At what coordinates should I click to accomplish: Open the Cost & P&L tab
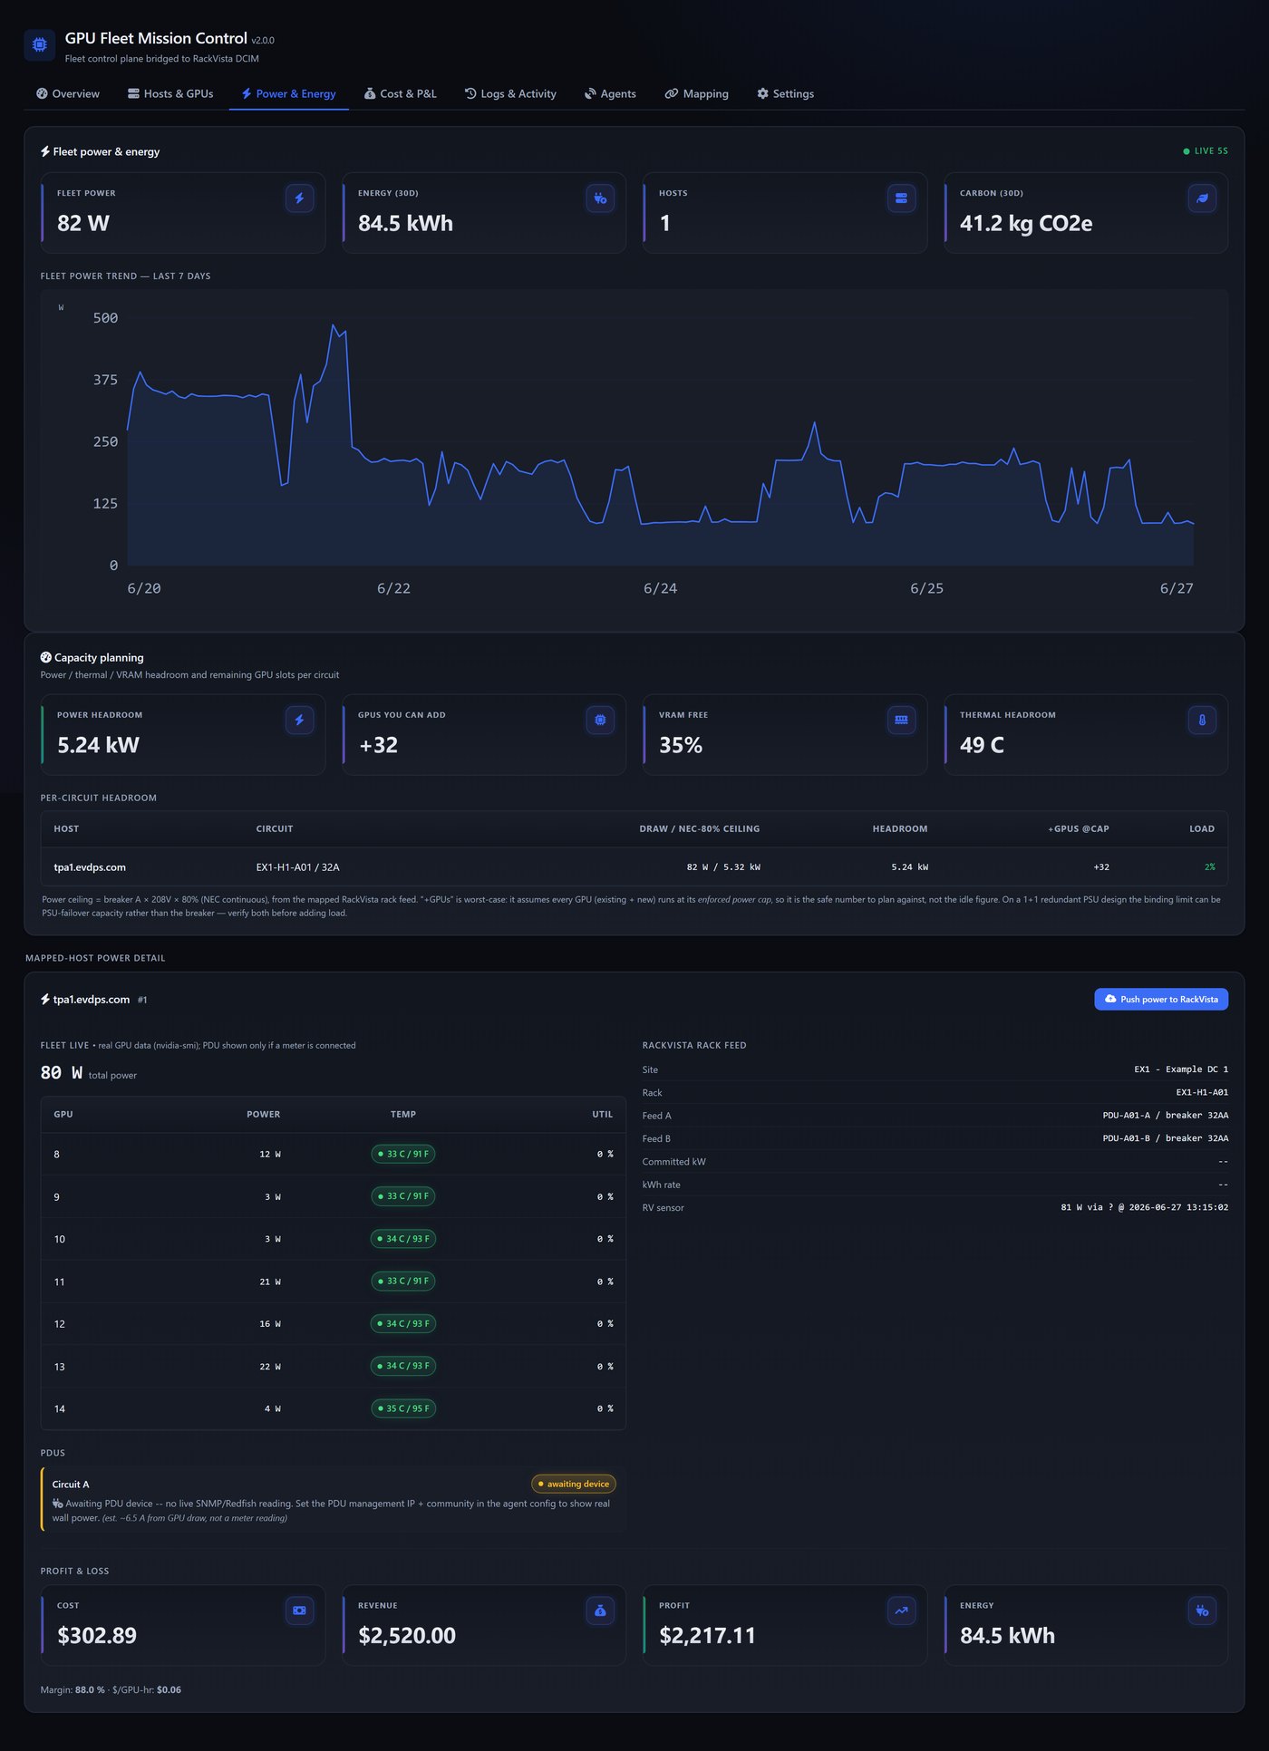click(x=400, y=93)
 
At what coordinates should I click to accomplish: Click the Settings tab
click(x=785, y=93)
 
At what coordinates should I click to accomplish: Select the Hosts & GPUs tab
click(x=170, y=93)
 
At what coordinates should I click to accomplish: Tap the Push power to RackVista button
click(x=1161, y=999)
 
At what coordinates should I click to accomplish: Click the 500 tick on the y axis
click(x=105, y=318)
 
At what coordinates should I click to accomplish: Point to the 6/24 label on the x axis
click(x=660, y=588)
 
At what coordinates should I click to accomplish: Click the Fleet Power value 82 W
click(x=83, y=223)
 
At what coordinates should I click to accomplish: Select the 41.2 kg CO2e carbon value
click(x=1026, y=223)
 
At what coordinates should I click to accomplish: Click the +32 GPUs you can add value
click(x=379, y=745)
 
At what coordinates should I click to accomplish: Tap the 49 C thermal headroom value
click(x=982, y=745)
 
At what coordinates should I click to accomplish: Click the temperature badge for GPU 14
click(x=403, y=1408)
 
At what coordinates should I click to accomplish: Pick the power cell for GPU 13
click(x=270, y=1366)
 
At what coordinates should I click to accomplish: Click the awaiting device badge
click(x=574, y=1484)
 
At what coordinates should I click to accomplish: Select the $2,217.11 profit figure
click(x=707, y=1635)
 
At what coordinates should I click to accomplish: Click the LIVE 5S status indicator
click(x=1206, y=151)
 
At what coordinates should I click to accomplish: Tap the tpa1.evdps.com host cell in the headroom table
click(x=90, y=867)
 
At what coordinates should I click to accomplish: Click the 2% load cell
click(x=1209, y=867)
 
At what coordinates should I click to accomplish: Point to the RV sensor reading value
click(x=1145, y=1207)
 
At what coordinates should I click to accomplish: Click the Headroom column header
click(x=900, y=828)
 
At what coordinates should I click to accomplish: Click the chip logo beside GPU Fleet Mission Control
click(x=40, y=44)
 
